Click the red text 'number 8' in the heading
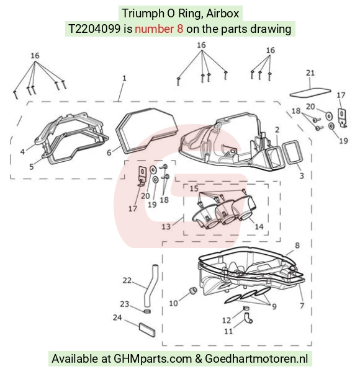coord(159,29)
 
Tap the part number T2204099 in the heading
coord(94,29)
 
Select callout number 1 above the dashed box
coord(124,78)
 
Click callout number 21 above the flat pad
coord(310,73)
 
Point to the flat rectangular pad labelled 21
coord(310,92)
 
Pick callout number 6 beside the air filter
coord(109,153)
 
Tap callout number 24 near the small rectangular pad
coord(117,317)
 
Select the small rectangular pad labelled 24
coord(147,329)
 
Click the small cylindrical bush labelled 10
coord(194,290)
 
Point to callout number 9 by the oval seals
coord(274,306)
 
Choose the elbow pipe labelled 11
coord(248,318)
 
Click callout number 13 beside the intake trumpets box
coord(166,226)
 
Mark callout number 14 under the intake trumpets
coord(259,226)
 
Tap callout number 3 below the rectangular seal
coord(302,175)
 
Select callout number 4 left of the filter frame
coord(22,151)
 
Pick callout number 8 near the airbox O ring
coord(297,246)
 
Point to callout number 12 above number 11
coord(227,321)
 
